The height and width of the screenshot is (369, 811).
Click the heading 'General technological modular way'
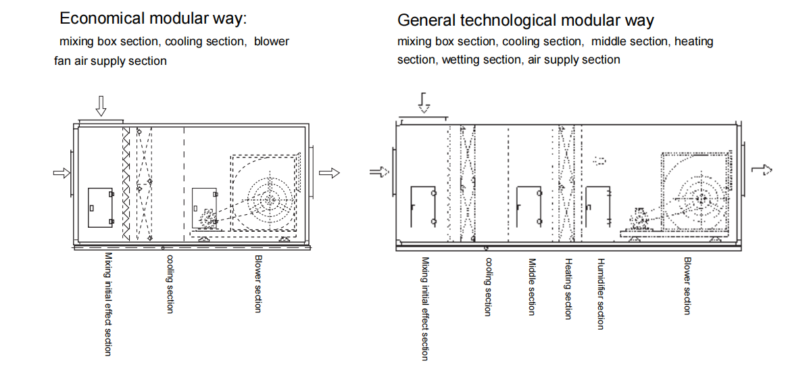[525, 20]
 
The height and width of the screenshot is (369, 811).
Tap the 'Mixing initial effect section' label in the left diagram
[108, 303]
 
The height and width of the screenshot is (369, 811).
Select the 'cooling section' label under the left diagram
[170, 284]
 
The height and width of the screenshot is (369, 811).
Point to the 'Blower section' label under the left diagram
[258, 284]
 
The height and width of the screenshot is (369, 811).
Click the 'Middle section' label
[532, 287]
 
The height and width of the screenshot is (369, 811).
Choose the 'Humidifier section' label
[600, 293]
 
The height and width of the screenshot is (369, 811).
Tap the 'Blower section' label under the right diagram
[687, 285]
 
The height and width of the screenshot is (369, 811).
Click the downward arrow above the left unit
[101, 105]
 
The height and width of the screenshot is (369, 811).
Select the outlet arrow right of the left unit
[329, 173]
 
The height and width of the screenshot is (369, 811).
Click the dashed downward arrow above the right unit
[424, 103]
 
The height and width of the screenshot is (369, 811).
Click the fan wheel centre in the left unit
[270, 199]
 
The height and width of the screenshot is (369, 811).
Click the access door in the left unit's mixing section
[101, 207]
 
